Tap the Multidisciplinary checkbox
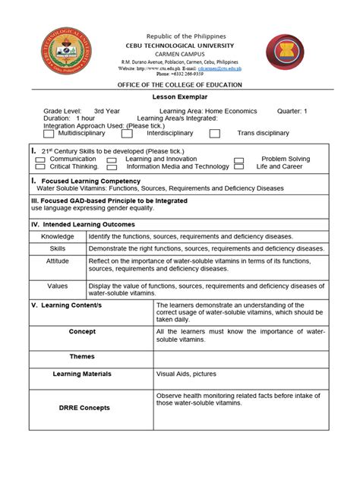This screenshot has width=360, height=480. [50, 134]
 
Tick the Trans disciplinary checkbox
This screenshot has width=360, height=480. [215, 134]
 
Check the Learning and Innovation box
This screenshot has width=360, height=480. [112, 160]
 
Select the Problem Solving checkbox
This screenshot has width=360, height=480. [238, 160]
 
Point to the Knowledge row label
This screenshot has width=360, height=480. [58, 236]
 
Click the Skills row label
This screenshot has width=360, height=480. [58, 248]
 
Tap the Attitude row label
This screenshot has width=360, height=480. [58, 261]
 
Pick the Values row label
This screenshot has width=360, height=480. [58, 286]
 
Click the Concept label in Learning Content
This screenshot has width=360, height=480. [82, 332]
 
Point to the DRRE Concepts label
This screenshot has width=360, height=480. [82, 408]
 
